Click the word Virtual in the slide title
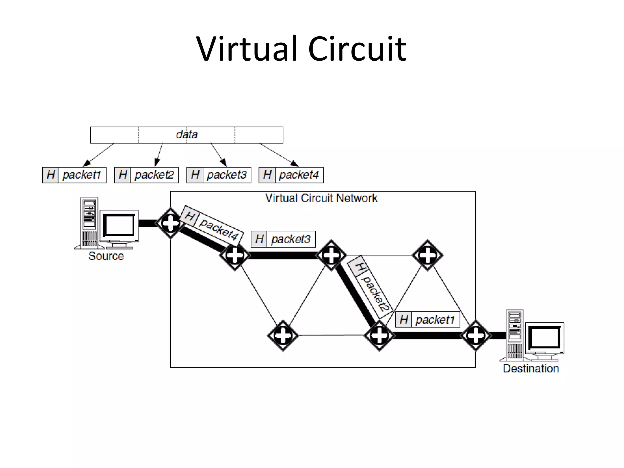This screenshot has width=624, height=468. coord(247,49)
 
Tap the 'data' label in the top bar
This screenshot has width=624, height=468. coord(187,134)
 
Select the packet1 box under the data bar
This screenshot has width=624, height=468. coord(74,175)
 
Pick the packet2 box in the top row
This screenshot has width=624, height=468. coord(147,175)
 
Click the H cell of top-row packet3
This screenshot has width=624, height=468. coord(195,175)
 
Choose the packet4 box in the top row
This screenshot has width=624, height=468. coord(291,175)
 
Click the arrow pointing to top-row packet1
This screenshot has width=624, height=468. coord(98,155)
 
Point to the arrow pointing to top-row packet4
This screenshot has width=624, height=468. coord(279,155)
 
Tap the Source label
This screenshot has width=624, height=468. coord(106,256)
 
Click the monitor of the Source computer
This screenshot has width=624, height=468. coord(119,225)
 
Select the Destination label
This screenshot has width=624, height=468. coord(531,368)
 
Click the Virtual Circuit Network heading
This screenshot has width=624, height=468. coord(321,198)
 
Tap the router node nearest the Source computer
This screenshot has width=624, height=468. coord(170,223)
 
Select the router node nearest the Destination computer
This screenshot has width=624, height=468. coord(476,335)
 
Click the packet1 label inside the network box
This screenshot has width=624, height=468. coord(427,320)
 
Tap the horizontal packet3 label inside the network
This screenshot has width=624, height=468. coord(283,239)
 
